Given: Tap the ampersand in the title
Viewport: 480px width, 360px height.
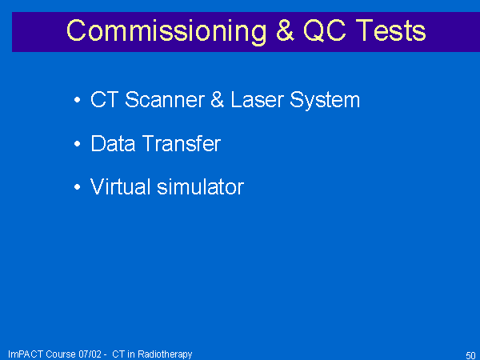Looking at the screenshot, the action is click(x=285, y=30).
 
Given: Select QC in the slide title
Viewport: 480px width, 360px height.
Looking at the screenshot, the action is click(x=325, y=30).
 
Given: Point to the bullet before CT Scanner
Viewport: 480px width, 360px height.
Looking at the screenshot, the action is click(x=77, y=99).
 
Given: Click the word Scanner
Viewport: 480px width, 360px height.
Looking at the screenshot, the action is click(x=165, y=99).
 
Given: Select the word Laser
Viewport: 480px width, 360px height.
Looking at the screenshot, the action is click(x=258, y=99).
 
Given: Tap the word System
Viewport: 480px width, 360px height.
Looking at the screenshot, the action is click(x=325, y=101).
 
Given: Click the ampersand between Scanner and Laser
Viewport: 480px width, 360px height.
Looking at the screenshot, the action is click(x=218, y=99).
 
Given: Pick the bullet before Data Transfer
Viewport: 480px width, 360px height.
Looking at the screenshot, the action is click(x=77, y=143).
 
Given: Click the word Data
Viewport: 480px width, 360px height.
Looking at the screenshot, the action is click(x=113, y=143).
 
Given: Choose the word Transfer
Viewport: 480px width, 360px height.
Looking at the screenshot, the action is click(x=182, y=143).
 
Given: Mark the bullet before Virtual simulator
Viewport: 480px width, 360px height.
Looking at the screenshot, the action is click(x=77, y=186).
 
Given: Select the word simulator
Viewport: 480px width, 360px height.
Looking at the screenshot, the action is click(x=201, y=186).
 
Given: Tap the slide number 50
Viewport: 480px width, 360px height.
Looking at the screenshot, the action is click(x=470, y=355).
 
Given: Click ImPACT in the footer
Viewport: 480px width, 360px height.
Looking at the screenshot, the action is click(x=26, y=354).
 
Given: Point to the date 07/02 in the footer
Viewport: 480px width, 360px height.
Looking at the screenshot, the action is click(x=90, y=354).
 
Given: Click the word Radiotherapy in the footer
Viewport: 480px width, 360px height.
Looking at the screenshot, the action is click(x=165, y=354).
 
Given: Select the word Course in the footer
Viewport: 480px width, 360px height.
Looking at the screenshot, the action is click(x=61, y=354).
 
